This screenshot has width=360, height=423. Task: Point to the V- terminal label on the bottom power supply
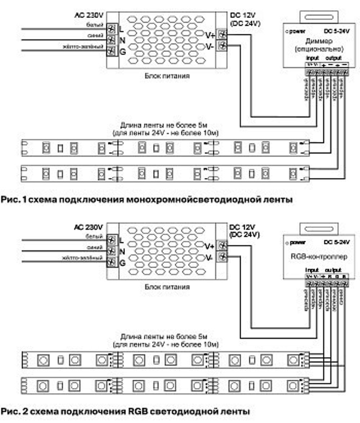tap(209, 258)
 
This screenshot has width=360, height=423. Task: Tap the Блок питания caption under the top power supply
tap(167, 76)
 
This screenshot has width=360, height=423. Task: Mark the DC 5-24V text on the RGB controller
tap(337, 242)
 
